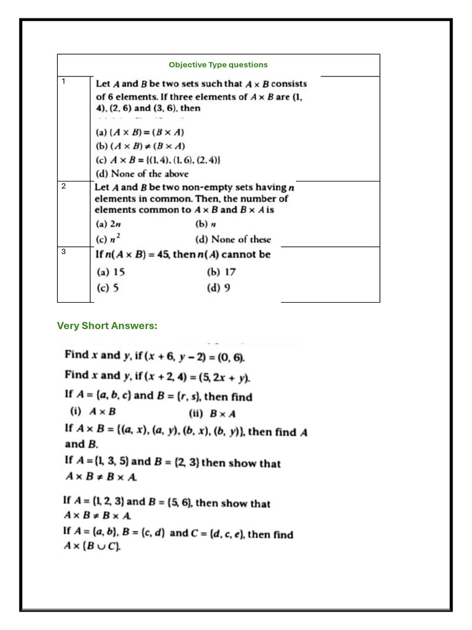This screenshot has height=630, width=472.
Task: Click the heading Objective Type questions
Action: click(218, 65)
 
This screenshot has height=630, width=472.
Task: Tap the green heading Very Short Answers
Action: click(107, 325)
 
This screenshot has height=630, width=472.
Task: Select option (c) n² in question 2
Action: click(109, 239)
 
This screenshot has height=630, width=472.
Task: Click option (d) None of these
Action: click(233, 239)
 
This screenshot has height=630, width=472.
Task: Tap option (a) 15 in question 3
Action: click(111, 272)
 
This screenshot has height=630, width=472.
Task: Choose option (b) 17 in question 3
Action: click(222, 272)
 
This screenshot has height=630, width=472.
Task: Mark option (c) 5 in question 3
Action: click(108, 287)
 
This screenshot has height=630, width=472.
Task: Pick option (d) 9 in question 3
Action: click(219, 287)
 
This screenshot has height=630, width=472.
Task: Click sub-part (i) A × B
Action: click(94, 413)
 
